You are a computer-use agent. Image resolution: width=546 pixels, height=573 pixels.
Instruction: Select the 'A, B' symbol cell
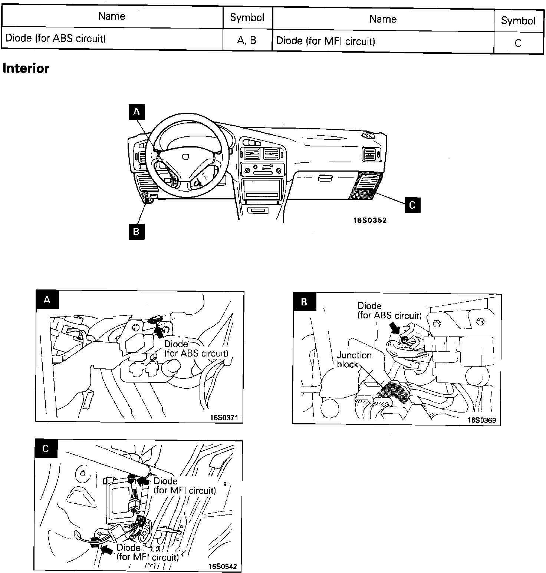tap(247, 40)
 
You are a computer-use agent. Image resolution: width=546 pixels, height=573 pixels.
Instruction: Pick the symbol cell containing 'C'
tap(518, 43)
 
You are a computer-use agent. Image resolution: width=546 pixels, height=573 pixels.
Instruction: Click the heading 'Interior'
tap(26, 69)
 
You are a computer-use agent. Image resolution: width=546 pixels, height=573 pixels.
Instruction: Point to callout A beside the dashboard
tap(136, 112)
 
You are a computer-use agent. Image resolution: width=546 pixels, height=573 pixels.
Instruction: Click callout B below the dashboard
tap(136, 232)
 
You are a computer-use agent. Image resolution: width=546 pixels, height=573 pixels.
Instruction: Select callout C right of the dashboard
tap(412, 205)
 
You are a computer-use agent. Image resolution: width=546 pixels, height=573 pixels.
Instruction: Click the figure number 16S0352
tap(369, 220)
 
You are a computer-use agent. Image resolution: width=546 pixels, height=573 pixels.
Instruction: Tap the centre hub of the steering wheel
tap(185, 157)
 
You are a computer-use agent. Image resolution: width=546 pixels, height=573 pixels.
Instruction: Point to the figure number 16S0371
tap(224, 418)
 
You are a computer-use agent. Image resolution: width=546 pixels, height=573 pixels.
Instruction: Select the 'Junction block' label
tap(354, 360)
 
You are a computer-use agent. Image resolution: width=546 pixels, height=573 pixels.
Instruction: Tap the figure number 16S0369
tap(481, 420)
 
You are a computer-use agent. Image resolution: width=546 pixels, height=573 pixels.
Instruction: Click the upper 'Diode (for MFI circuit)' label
tap(184, 486)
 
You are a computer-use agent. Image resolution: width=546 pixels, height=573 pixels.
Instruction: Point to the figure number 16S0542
tap(223, 566)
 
